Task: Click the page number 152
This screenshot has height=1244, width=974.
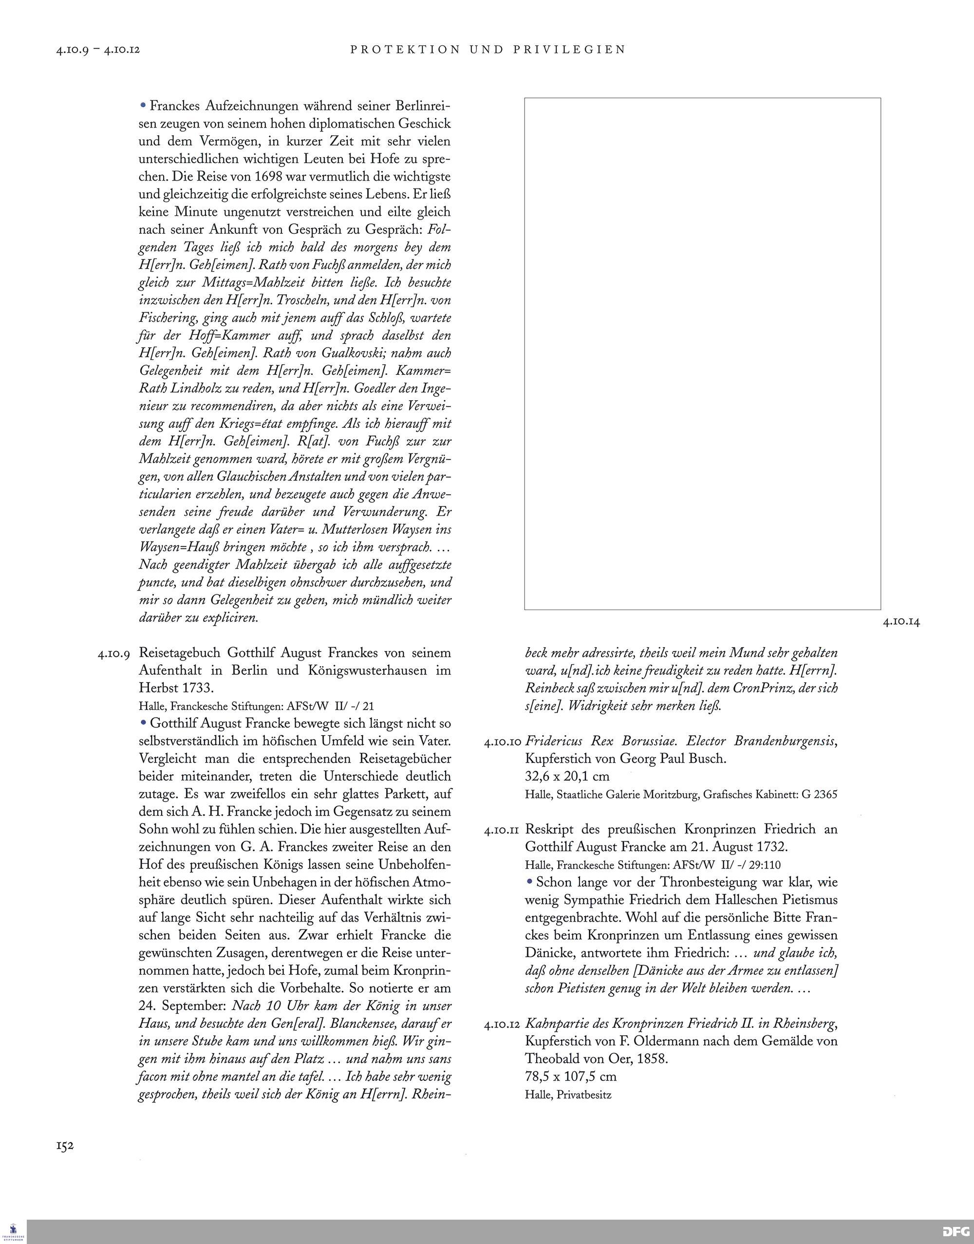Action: tap(65, 1145)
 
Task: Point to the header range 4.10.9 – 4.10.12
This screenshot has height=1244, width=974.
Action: tap(98, 50)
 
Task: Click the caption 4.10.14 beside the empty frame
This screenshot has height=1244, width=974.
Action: tap(901, 622)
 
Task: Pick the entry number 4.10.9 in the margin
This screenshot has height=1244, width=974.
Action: tap(114, 653)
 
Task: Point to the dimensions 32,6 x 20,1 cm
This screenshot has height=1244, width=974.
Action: tap(567, 777)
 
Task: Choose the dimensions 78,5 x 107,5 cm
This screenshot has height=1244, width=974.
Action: tap(571, 1077)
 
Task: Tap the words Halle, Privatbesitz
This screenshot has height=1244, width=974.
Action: tap(568, 1095)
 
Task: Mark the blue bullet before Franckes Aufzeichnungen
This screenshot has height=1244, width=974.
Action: tap(143, 106)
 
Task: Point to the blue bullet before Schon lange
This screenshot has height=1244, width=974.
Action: tap(530, 881)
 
